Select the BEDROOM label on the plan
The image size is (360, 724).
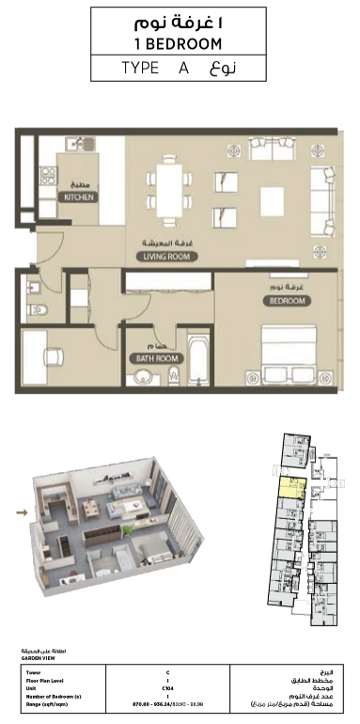click(286, 301)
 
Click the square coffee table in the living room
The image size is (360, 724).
click(273, 200)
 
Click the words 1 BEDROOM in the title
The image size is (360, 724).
click(180, 43)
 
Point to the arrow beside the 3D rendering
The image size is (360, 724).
click(21, 512)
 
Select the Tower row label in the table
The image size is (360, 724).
click(34, 672)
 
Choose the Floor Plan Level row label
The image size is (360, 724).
click(48, 680)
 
